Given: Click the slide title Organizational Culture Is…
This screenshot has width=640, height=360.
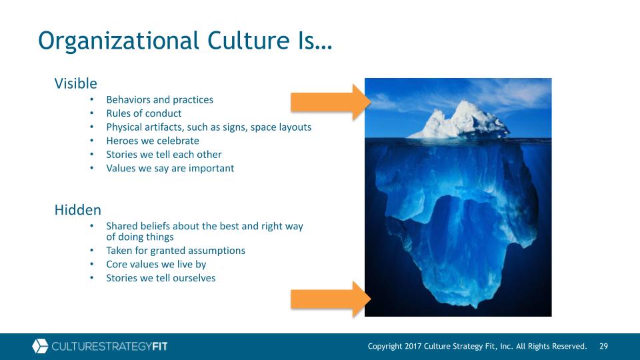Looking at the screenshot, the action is [x=185, y=41].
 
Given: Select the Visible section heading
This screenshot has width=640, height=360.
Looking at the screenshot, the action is [x=75, y=83].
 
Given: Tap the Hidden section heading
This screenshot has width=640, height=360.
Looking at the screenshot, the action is [x=77, y=210].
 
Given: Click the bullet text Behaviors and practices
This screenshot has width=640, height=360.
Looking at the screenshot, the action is [x=159, y=99].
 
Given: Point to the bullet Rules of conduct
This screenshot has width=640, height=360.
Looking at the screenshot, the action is [x=144, y=113].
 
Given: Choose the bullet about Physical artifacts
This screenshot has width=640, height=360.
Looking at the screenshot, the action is [x=209, y=127].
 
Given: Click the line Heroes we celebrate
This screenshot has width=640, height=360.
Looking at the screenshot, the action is [x=153, y=141].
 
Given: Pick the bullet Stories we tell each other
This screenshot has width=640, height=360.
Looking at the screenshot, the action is [x=164, y=154].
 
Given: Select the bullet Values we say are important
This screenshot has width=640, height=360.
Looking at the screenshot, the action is [x=170, y=168].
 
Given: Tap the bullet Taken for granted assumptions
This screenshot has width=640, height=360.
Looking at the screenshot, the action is [x=175, y=251].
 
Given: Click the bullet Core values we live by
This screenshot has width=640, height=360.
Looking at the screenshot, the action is [x=156, y=265].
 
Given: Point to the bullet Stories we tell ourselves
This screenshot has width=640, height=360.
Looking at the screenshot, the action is [x=161, y=278].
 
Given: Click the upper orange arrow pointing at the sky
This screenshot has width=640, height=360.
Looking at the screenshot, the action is [x=331, y=102].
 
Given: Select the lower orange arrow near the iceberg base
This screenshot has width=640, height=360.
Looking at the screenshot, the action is [x=331, y=299].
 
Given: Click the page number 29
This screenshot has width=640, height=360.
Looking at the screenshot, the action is [x=604, y=346].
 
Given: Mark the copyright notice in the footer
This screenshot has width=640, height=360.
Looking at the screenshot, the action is [x=477, y=346].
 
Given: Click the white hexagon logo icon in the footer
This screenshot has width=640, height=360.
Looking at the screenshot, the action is [x=40, y=346].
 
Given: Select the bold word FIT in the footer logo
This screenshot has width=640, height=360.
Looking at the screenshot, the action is [x=159, y=347].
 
